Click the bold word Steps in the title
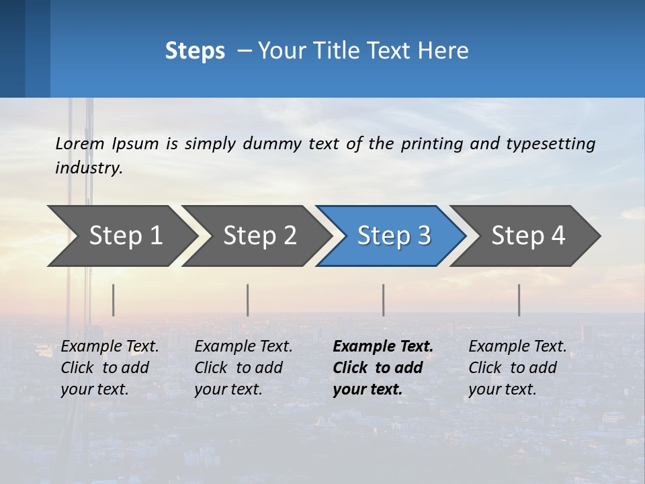pyautogui.click(x=195, y=50)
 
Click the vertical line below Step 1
pyautogui.click(x=114, y=300)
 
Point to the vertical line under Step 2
pyautogui.click(x=248, y=300)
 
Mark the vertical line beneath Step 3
pyautogui.click(x=384, y=300)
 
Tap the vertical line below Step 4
pyautogui.click(x=519, y=300)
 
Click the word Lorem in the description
pyautogui.click(x=80, y=143)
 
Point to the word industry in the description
pyautogui.click(x=89, y=168)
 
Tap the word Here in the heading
pyautogui.click(x=445, y=50)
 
